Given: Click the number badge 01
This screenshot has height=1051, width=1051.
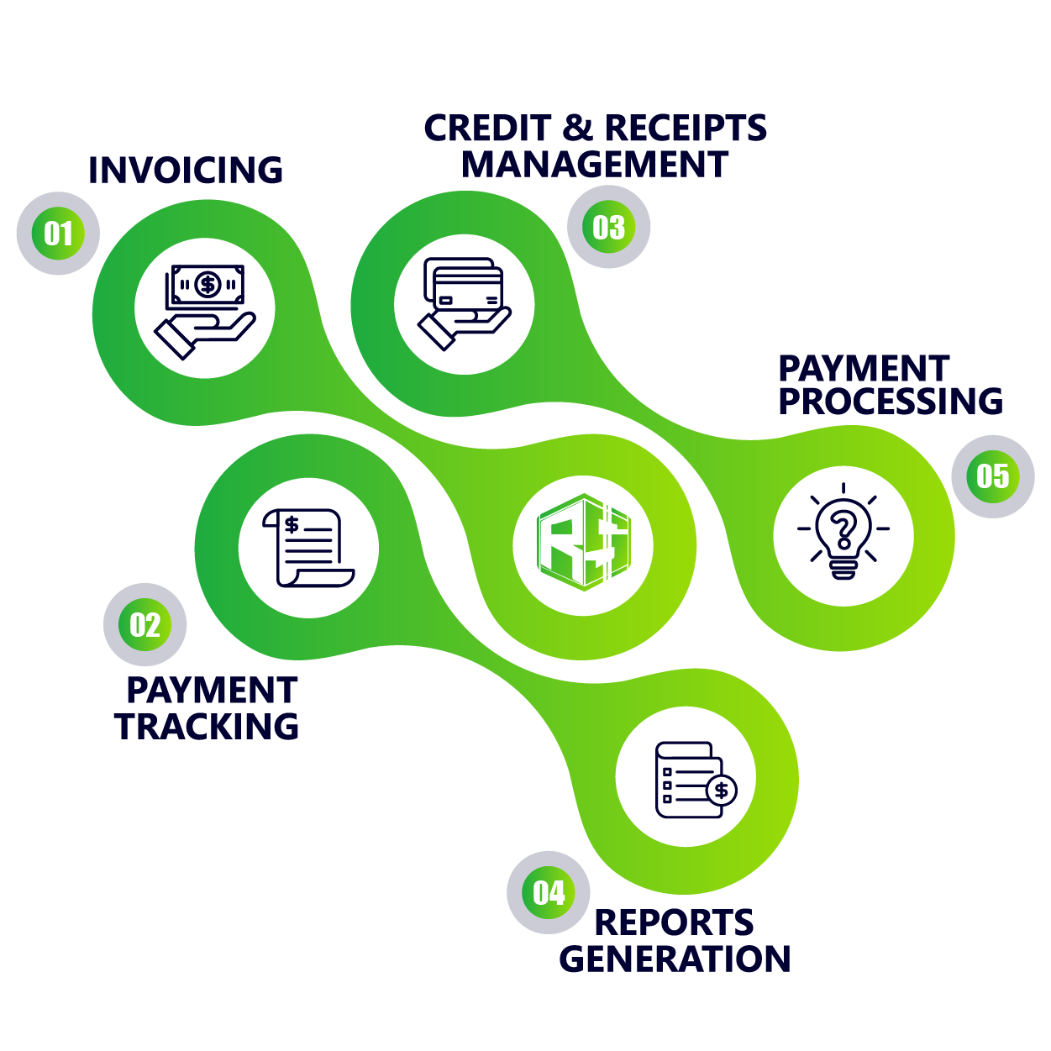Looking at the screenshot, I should click(58, 233).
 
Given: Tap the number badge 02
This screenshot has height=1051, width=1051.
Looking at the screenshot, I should click(145, 625).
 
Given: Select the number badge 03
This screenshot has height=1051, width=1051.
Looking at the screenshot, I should click(608, 227).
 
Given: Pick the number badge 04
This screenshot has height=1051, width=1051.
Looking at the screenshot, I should click(549, 892).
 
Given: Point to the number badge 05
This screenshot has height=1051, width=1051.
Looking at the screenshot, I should click(992, 476).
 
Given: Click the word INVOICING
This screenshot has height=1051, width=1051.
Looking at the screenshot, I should click(186, 171).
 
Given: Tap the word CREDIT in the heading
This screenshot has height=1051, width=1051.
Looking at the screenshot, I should click(487, 129).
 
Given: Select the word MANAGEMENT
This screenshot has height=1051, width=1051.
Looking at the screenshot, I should click(595, 165).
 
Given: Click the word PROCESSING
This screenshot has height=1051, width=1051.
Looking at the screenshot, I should click(891, 402).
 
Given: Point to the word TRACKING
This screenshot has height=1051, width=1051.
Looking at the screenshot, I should click(208, 727).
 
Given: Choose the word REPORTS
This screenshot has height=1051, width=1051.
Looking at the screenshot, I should click(674, 922).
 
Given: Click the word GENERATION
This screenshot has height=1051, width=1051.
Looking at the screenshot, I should click(675, 959).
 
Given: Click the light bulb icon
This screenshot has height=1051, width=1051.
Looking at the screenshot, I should click(843, 533).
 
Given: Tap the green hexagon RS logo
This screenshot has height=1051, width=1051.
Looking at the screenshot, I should click(583, 543).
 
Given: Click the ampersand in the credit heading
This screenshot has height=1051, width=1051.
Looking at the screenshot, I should click(578, 129).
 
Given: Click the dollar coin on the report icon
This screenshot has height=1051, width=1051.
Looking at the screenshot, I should click(721, 790).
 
